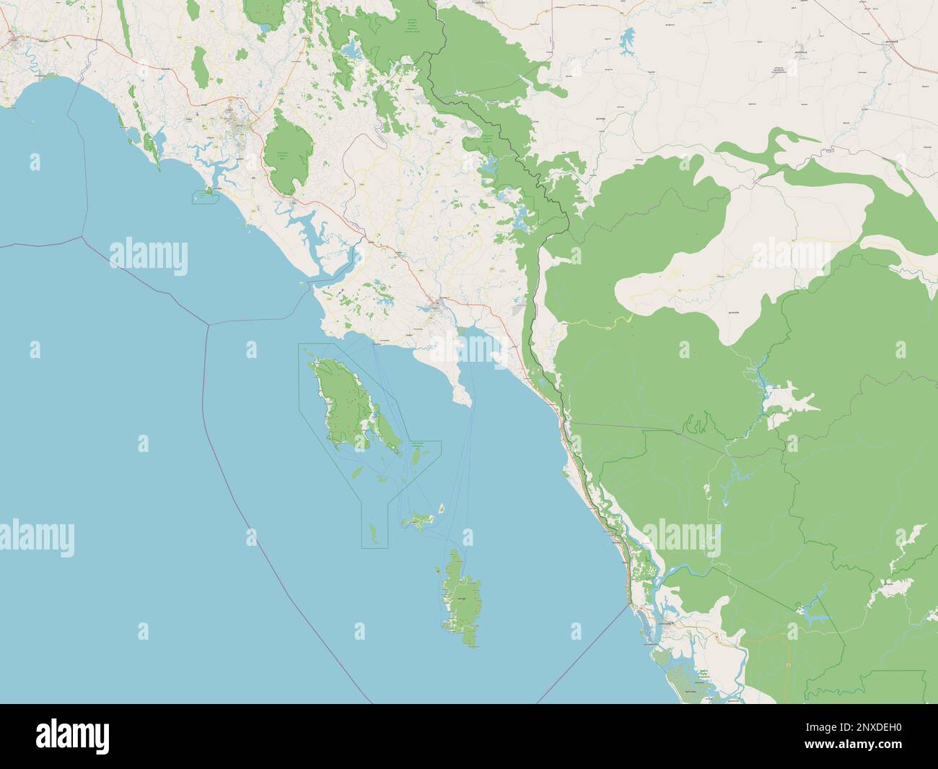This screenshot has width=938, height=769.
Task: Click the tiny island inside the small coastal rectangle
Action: pos(209,192)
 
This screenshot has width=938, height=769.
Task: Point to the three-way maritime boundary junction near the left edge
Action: pos(82,235)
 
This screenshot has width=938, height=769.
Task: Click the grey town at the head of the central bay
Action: pos(437,306)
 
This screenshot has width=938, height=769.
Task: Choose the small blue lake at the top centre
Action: pos(351,51)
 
